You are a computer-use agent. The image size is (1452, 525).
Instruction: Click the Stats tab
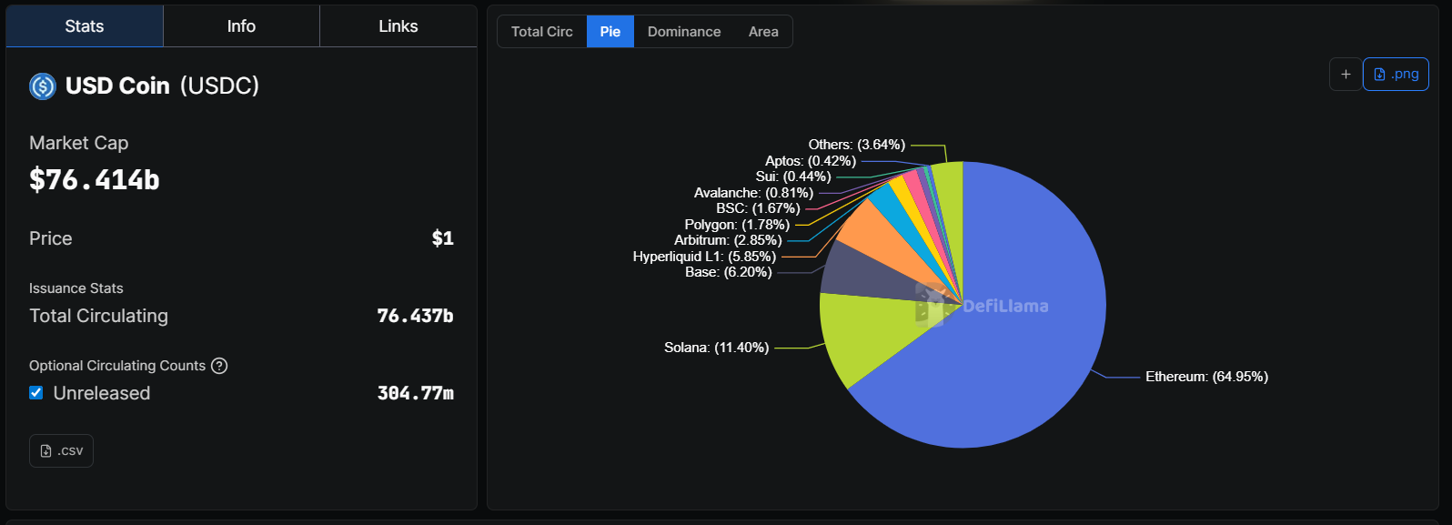pos(85,26)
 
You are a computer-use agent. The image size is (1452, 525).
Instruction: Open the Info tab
pos(241,26)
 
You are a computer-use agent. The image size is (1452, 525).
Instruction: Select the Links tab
pos(398,26)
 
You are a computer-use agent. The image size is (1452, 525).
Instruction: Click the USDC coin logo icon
pos(43,86)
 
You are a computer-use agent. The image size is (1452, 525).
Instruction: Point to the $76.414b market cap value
pos(95,180)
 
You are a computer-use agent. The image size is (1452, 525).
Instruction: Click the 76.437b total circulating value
pos(415,316)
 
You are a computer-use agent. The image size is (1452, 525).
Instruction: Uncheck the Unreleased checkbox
pos(36,393)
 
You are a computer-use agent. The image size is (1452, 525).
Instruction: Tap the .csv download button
pos(62,451)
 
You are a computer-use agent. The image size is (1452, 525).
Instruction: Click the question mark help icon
pos(219,366)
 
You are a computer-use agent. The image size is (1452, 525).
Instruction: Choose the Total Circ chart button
pos(542,32)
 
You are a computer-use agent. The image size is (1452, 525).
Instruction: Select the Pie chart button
pos(610,32)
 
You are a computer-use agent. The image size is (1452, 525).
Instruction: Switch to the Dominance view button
pos(684,32)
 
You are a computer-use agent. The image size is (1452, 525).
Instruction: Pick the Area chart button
pos(763,32)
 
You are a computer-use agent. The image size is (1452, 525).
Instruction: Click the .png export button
pos(1396,75)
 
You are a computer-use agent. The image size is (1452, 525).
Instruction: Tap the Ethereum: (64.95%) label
pos(1206,377)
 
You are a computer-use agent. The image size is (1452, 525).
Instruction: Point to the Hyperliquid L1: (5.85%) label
pos(704,257)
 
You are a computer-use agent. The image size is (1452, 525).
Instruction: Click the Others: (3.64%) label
pos(856,145)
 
